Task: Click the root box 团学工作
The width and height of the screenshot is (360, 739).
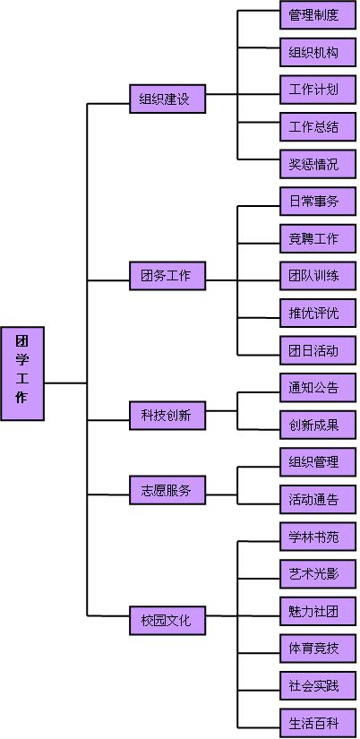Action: coord(22,374)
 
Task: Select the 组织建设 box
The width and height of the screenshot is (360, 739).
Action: coord(167,99)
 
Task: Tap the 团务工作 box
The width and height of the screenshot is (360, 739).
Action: coord(167,276)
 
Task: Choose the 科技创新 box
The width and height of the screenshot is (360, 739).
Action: coord(167,416)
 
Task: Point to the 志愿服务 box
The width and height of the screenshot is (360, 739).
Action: coord(167,490)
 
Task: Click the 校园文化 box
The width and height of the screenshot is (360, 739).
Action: coord(167,620)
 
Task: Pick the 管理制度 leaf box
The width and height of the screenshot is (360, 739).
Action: coord(318,14)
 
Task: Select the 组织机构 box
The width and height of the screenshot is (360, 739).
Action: coord(318,52)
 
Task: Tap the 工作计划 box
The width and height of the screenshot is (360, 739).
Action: coord(318,89)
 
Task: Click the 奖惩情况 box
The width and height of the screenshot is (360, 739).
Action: coord(318,164)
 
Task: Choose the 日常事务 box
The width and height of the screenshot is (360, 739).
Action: coord(318,202)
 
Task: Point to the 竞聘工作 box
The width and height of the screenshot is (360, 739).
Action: coord(318,238)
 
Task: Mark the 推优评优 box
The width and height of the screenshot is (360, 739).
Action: coord(318,313)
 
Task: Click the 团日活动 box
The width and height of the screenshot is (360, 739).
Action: coord(318,350)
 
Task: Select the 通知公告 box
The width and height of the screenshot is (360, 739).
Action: coord(318,387)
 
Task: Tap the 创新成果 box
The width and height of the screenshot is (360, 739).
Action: coord(318,425)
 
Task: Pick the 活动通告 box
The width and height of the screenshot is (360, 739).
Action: coord(318,500)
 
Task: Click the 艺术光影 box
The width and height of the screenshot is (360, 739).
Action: coord(318,574)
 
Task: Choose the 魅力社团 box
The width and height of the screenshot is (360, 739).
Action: coord(318,611)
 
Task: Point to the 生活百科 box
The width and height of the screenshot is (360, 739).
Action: coord(318,723)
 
